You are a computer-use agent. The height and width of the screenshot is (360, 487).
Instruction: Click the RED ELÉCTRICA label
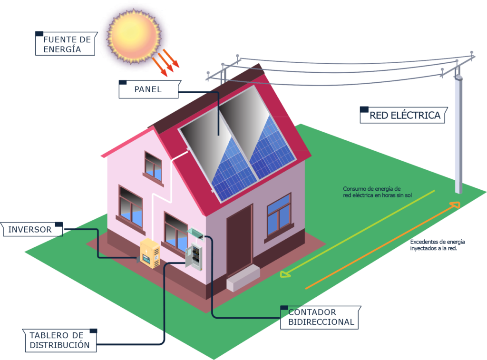pos(404,115)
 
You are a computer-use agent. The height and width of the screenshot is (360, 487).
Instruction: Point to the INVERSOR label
pos(32,229)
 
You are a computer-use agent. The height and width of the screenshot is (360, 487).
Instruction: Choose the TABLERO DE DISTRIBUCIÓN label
pos(59,340)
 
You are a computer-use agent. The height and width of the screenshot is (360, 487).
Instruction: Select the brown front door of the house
pos(239,241)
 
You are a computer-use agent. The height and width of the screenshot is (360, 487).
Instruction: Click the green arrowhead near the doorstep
pos(285,274)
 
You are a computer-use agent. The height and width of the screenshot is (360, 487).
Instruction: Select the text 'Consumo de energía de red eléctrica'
pos(372,192)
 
